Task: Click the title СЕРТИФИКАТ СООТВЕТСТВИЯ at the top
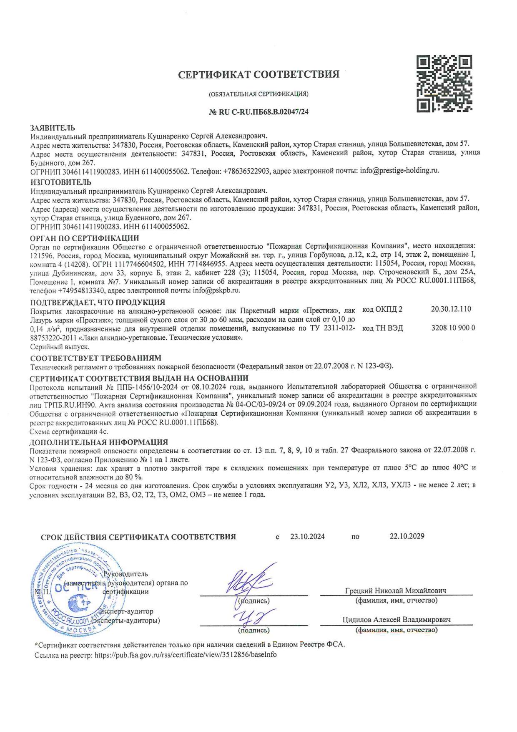click(x=258, y=75)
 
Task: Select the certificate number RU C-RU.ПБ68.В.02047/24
click(x=258, y=111)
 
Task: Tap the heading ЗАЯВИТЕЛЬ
click(x=53, y=128)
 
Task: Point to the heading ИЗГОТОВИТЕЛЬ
click(x=61, y=182)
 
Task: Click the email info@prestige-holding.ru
click(x=399, y=171)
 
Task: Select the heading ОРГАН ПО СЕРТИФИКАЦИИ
click(x=85, y=238)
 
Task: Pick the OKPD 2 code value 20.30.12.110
click(x=451, y=309)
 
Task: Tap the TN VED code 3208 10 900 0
click(x=453, y=328)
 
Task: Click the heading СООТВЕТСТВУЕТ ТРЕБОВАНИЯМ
click(x=95, y=358)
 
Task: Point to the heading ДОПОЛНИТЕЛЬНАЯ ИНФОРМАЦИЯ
click(x=99, y=442)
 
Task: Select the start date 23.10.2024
click(x=307, y=536)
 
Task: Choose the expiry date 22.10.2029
click(x=407, y=536)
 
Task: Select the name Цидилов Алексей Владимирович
click(x=396, y=620)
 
